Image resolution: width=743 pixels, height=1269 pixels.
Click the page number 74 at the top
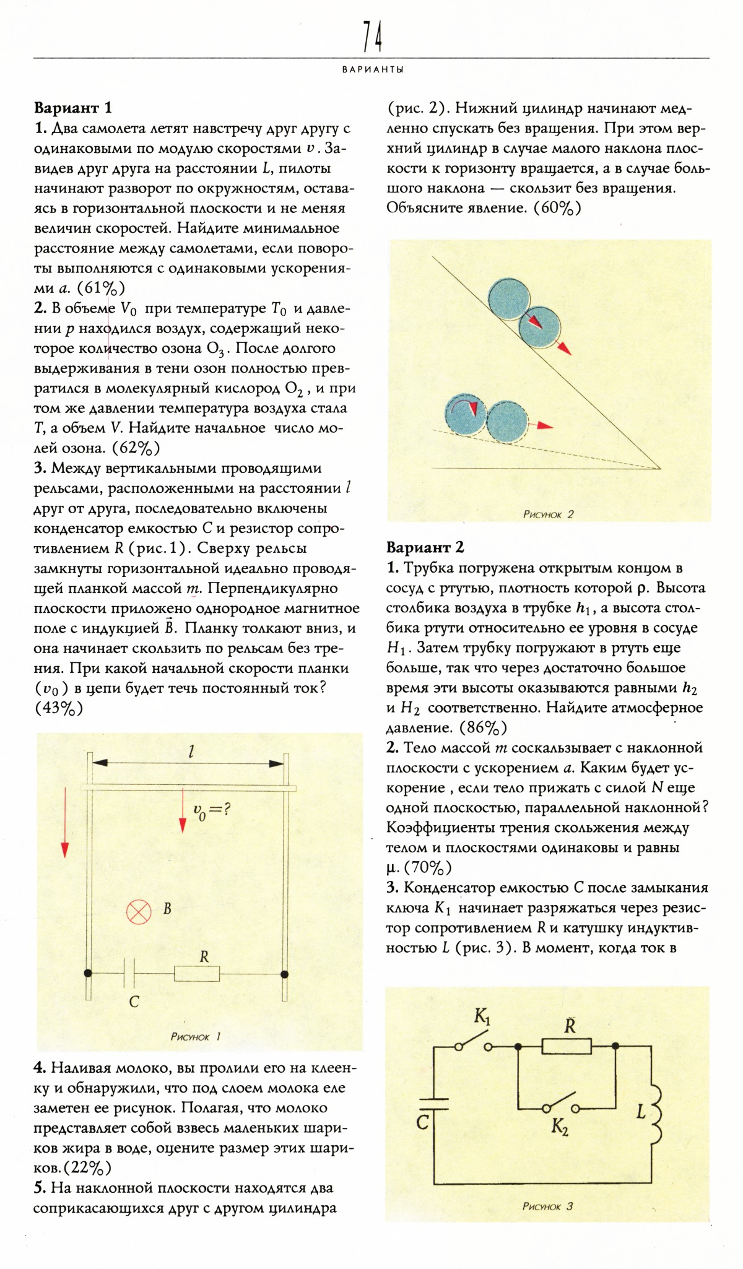pos(372,37)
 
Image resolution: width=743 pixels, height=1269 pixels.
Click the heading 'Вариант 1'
pos(73,108)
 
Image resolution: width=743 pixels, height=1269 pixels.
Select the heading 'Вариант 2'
pos(425,547)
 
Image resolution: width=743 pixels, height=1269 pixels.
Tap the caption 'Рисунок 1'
pos(195,1036)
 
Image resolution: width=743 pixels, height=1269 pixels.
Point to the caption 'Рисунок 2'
pos(548,514)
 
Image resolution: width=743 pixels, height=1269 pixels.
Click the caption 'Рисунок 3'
pos(547,1206)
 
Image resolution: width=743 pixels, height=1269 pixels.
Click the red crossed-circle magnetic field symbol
pos(139,911)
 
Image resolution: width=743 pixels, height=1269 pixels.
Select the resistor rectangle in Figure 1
pos(197,974)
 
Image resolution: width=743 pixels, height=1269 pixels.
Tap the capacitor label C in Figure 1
pos(134,1001)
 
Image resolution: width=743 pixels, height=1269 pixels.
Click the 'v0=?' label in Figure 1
pos(212,810)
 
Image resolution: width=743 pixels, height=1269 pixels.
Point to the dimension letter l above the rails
pos(191,751)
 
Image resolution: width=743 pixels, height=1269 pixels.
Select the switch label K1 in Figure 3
pos(482,1016)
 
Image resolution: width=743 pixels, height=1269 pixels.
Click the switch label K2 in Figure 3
pos(560,1128)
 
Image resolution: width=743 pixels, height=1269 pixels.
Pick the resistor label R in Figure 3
pos(570,1026)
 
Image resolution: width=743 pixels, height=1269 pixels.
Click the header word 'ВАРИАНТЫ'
pos(373,70)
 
